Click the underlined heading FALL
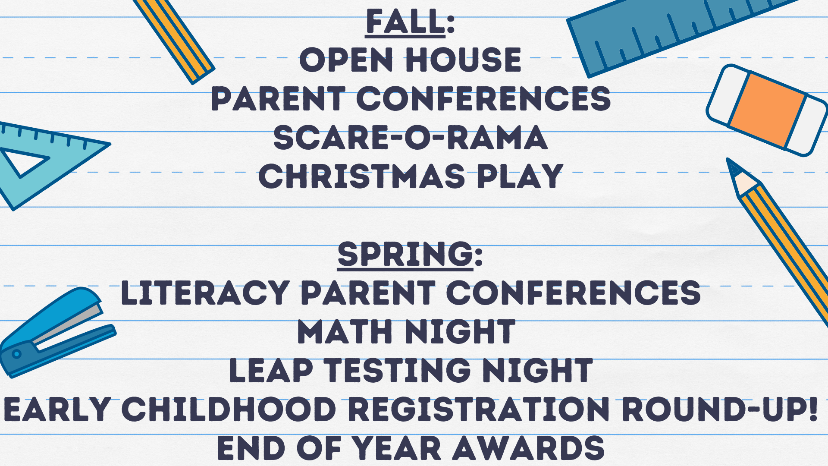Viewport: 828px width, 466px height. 405,22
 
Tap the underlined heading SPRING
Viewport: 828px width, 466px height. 405,254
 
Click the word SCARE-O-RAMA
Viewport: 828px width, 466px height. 411,138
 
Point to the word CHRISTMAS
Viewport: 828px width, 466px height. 361,176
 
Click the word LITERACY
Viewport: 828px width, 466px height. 205,293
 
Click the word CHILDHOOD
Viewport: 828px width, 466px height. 229,409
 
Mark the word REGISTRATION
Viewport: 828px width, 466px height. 479,409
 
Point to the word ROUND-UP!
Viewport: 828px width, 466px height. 719,409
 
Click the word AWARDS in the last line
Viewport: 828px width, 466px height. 528,448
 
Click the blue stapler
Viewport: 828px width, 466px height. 56,332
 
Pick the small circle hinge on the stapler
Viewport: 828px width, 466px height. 16,354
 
